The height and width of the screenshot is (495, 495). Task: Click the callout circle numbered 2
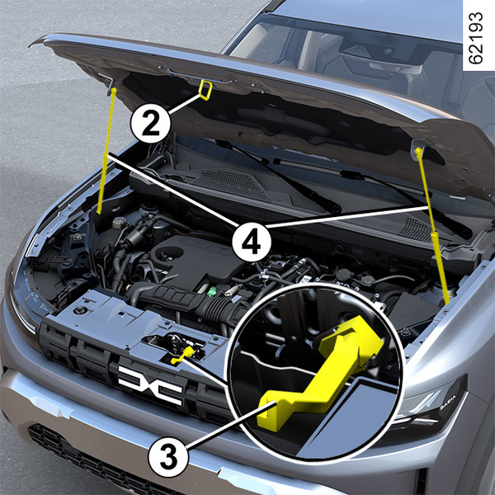151,123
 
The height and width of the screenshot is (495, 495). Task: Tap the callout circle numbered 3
168,457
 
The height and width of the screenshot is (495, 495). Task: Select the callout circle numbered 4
252,242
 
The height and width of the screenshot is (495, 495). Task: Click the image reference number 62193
476,38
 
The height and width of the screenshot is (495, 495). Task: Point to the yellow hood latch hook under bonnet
205,90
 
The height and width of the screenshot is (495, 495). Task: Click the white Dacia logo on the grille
151,385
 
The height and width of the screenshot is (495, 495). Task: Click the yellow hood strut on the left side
106,151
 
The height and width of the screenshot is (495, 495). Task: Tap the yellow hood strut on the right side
432,226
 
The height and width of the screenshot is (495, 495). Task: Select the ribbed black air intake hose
190,301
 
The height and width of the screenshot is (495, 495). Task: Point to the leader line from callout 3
231,425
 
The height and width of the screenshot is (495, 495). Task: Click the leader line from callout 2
185,104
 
